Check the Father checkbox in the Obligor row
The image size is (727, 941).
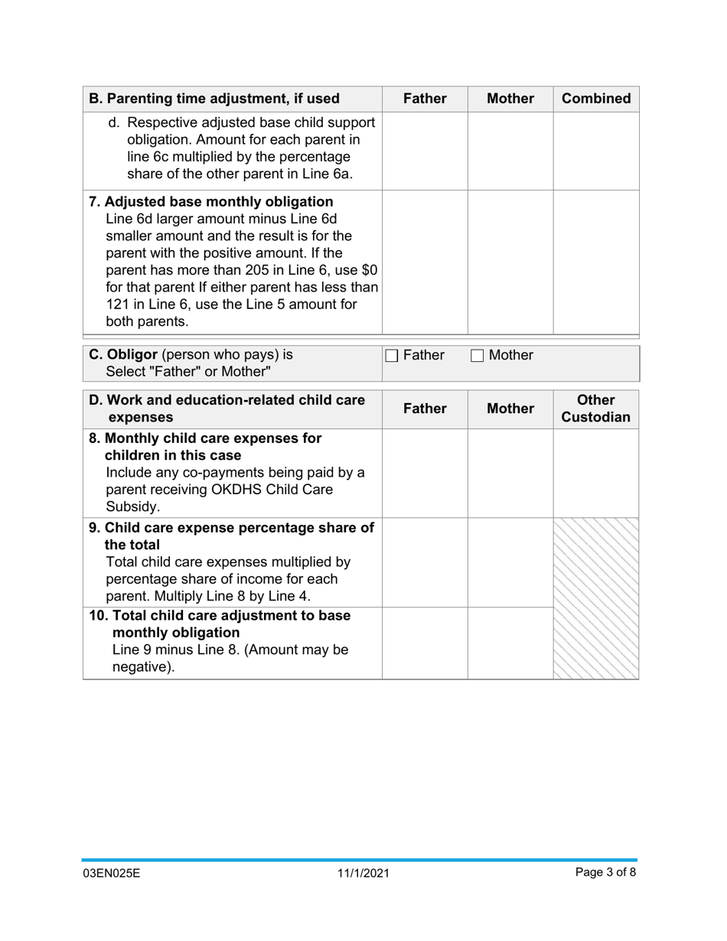(391, 356)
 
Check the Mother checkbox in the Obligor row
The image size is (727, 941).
(477, 356)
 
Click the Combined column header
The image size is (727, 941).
(596, 99)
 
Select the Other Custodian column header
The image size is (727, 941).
(596, 409)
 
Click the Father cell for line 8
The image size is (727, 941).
(425, 473)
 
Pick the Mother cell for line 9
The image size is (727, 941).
(510, 562)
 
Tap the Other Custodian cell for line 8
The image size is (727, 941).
(596, 473)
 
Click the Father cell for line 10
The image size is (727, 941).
(425, 643)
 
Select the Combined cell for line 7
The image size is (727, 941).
(596, 262)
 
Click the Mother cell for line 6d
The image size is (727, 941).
(510, 151)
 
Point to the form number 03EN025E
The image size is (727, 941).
(112, 873)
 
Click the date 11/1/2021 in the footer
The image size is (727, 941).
(363, 873)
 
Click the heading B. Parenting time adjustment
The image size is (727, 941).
(214, 99)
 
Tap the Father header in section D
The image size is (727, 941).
(425, 409)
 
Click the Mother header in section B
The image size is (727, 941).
(510, 99)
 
